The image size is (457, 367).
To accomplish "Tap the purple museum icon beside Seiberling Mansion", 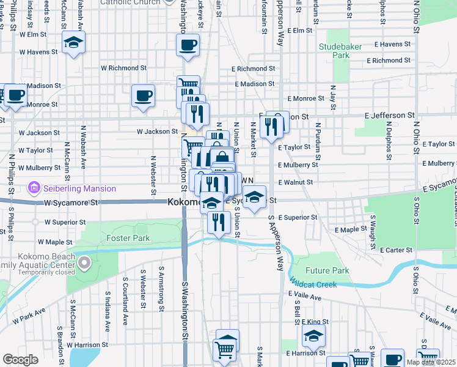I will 34,187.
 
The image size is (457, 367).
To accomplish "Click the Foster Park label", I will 124,237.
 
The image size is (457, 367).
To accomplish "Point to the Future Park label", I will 327,270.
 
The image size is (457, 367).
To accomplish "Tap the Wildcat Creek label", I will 313,284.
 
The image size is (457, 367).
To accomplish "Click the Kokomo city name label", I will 185,201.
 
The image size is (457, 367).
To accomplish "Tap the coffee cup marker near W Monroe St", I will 143,96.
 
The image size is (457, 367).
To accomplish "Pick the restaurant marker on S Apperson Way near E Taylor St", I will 269,126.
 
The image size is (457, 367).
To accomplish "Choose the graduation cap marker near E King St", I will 313,336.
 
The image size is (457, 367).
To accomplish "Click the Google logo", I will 20,360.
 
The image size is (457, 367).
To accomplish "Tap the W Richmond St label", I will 123,68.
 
